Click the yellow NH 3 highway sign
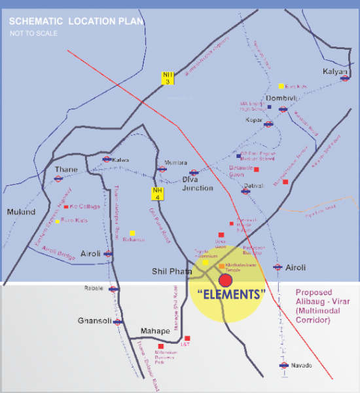pos(168,77)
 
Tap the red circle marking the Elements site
pos(225,280)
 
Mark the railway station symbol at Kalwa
pos(107,159)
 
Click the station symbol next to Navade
pos(283,365)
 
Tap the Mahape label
pos(154,331)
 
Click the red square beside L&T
pos(187,338)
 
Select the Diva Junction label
pos(197,184)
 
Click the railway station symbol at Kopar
pos(268,123)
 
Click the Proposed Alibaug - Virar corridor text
pos(313,307)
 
